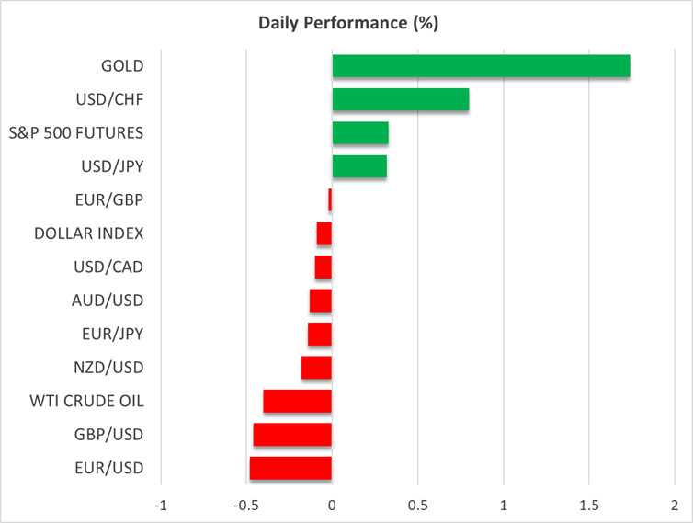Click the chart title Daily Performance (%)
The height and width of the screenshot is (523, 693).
pos(346,24)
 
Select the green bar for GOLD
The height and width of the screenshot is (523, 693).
pos(481,66)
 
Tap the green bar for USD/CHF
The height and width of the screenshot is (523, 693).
pos(401,99)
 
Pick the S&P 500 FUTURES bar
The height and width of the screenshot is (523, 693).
pos(360,133)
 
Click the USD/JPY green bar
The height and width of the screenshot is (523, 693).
pos(359,166)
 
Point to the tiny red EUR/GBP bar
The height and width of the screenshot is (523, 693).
pos(330,200)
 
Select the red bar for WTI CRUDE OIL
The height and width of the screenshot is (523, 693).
pos(297,402)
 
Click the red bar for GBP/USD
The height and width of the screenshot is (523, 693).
pos(292,435)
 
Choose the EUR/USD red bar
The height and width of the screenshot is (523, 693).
pos(290,468)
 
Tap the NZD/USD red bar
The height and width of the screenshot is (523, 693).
pos(316,368)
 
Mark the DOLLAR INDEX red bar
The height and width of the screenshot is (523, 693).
pos(324,233)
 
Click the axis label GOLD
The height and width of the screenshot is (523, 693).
pos(122,66)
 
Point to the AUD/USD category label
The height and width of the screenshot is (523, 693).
pos(108,301)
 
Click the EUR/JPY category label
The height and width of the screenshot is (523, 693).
pos(109,335)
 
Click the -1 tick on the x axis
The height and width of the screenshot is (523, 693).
pos(161,506)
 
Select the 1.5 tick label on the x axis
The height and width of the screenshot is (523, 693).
pos(589,506)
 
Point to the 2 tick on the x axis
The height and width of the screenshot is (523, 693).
pos(675,506)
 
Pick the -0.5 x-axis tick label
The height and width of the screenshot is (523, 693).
pos(245,506)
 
